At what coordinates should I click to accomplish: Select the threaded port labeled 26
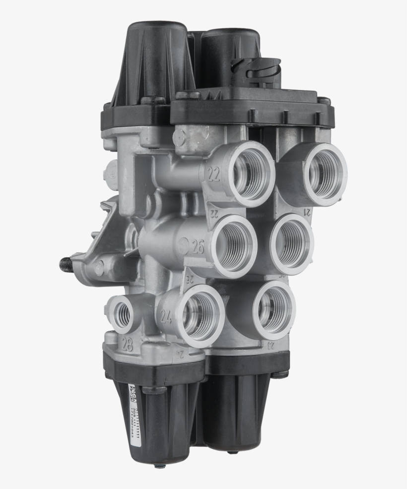coord(234,246)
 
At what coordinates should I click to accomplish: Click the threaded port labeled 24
coord(200,315)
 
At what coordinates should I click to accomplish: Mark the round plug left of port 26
coord(183,245)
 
